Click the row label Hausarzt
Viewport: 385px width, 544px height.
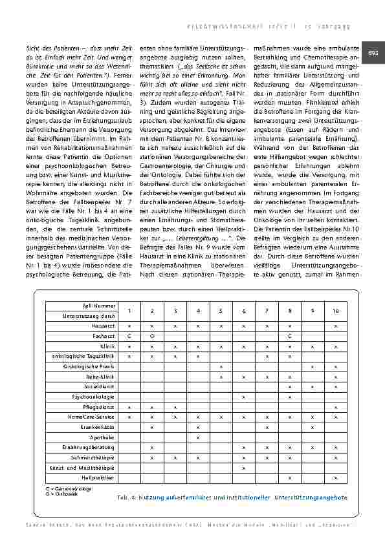103,326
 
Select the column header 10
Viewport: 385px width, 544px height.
335,311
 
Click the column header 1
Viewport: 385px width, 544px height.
129,311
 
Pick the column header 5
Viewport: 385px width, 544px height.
221,311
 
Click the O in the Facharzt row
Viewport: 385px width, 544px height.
151,337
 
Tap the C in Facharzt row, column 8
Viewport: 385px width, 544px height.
289,337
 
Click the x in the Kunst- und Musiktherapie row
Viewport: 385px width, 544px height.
243,467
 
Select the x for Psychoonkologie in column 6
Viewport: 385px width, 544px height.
243,397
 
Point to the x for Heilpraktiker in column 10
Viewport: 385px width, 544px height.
335,477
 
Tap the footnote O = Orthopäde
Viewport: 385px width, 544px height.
62,494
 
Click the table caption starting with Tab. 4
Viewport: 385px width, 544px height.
232,497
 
